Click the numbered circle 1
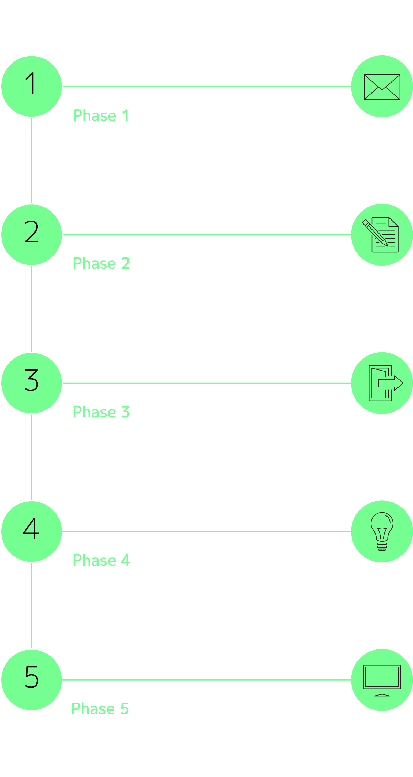[x=32, y=86]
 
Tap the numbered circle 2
[x=32, y=235]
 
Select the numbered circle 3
[x=32, y=383]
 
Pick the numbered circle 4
[x=32, y=532]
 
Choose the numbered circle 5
[x=32, y=680]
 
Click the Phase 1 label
[x=101, y=115]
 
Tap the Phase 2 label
[x=101, y=263]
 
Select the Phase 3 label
[x=101, y=412]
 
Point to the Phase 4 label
[x=101, y=560]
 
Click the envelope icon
[x=382, y=87]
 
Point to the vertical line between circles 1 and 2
[x=31, y=160]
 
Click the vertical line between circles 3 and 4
[x=31, y=457]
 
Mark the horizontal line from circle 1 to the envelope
[x=207, y=86]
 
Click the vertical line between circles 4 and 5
[x=31, y=606]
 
